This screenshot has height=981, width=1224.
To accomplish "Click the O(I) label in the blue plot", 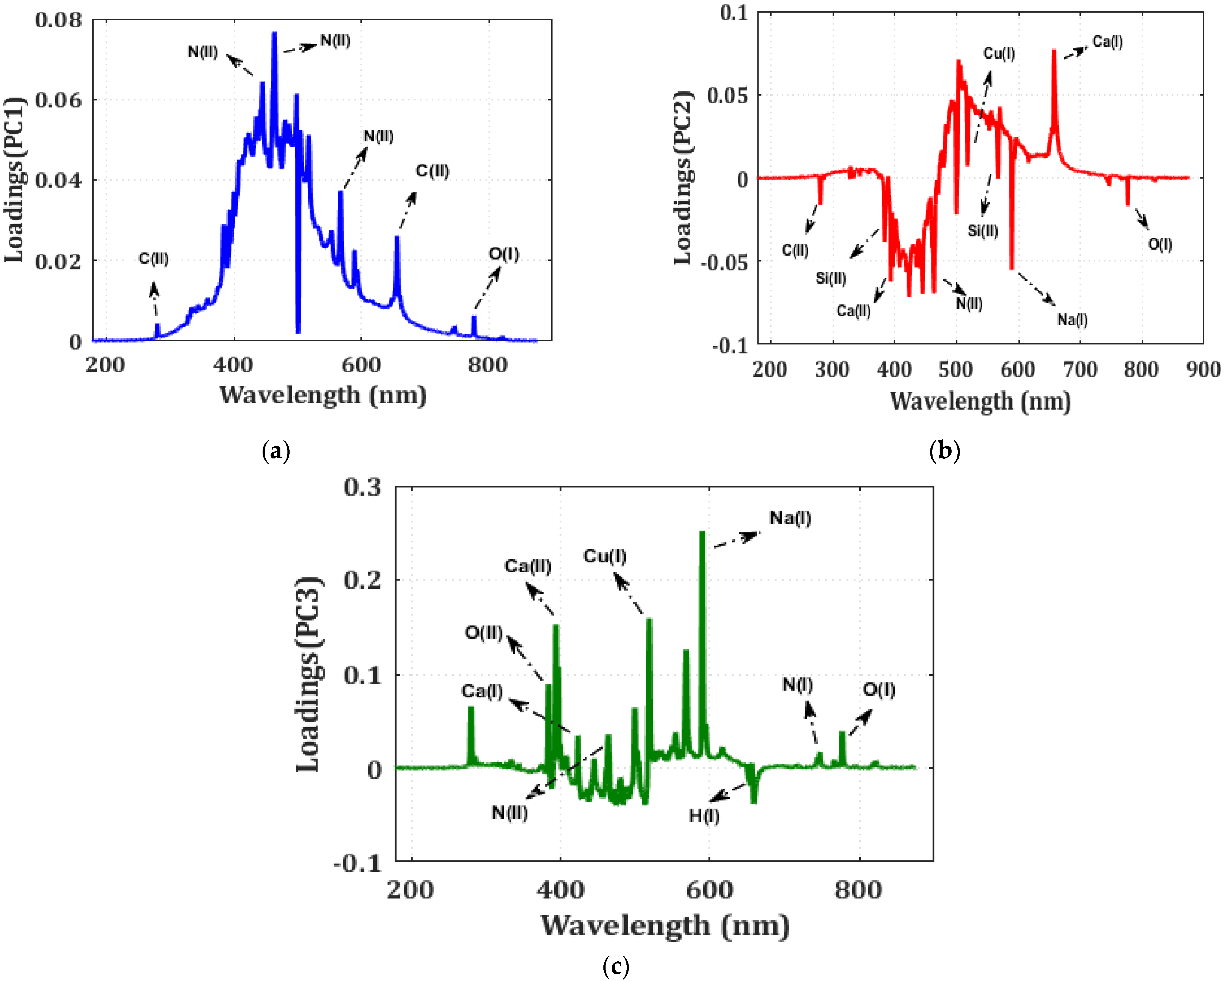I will pos(504,254).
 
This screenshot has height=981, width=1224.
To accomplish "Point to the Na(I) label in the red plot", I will pos(1072,320).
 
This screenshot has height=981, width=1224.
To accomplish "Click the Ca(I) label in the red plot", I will pos(1107,41).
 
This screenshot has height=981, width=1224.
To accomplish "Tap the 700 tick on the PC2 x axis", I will pos(1080,369).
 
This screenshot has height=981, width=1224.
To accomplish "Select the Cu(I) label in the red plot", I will pos(999,53).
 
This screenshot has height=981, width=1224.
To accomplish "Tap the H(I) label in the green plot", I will pos(704,816).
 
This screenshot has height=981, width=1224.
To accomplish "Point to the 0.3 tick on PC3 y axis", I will pos(362,488).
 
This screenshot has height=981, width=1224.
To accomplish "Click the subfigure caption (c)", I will pos(615,965).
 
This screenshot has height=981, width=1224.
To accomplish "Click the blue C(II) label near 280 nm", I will pos(153,259).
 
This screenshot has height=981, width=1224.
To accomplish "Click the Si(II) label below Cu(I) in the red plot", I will pos(983,230).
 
